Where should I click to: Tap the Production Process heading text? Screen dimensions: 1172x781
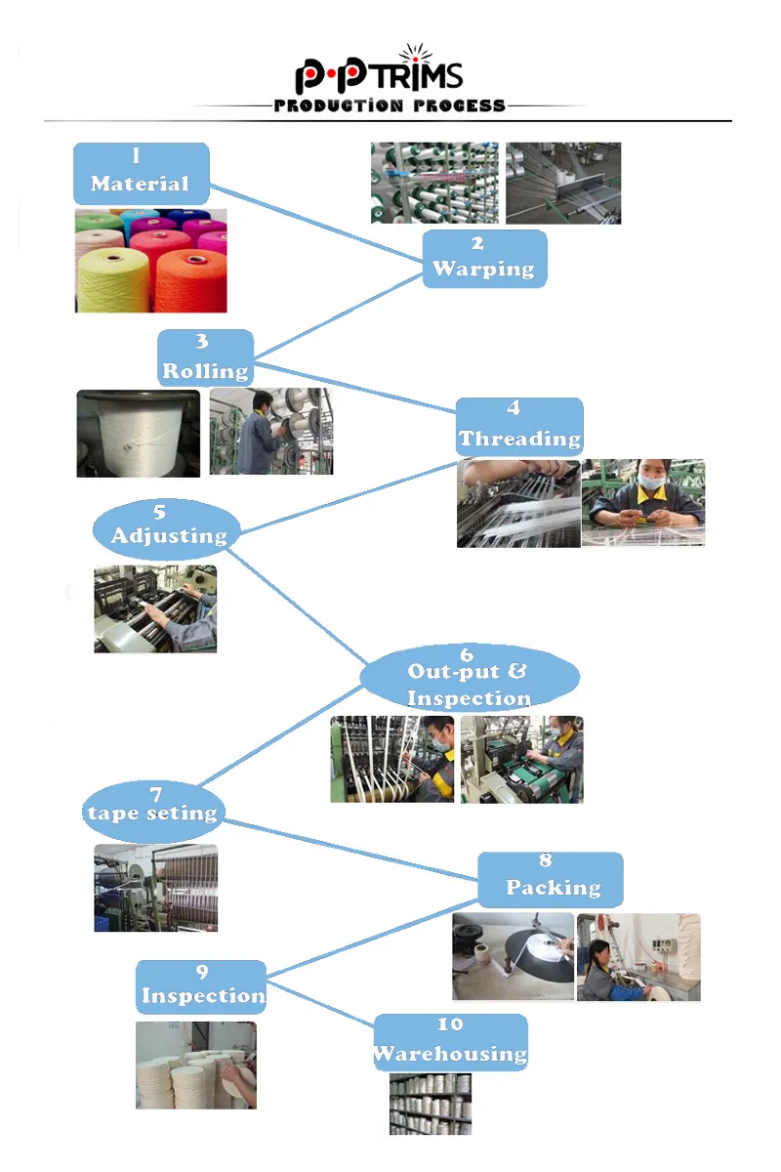coord(390,105)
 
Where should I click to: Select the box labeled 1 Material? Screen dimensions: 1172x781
coord(141,173)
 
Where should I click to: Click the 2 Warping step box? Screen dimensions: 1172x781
coord(484,259)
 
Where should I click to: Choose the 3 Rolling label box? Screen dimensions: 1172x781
coord(206,358)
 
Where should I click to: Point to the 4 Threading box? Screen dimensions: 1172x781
coord(519,427)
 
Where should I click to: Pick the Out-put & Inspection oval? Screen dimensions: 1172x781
coord(469,676)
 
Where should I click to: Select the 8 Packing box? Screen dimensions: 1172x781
coord(551,878)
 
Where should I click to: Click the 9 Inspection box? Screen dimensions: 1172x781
coord(201,986)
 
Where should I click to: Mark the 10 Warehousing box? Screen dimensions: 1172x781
coord(450,1042)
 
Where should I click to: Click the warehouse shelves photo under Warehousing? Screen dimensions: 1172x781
coord(430,1104)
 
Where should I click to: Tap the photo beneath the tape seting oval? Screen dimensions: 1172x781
coord(155,888)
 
